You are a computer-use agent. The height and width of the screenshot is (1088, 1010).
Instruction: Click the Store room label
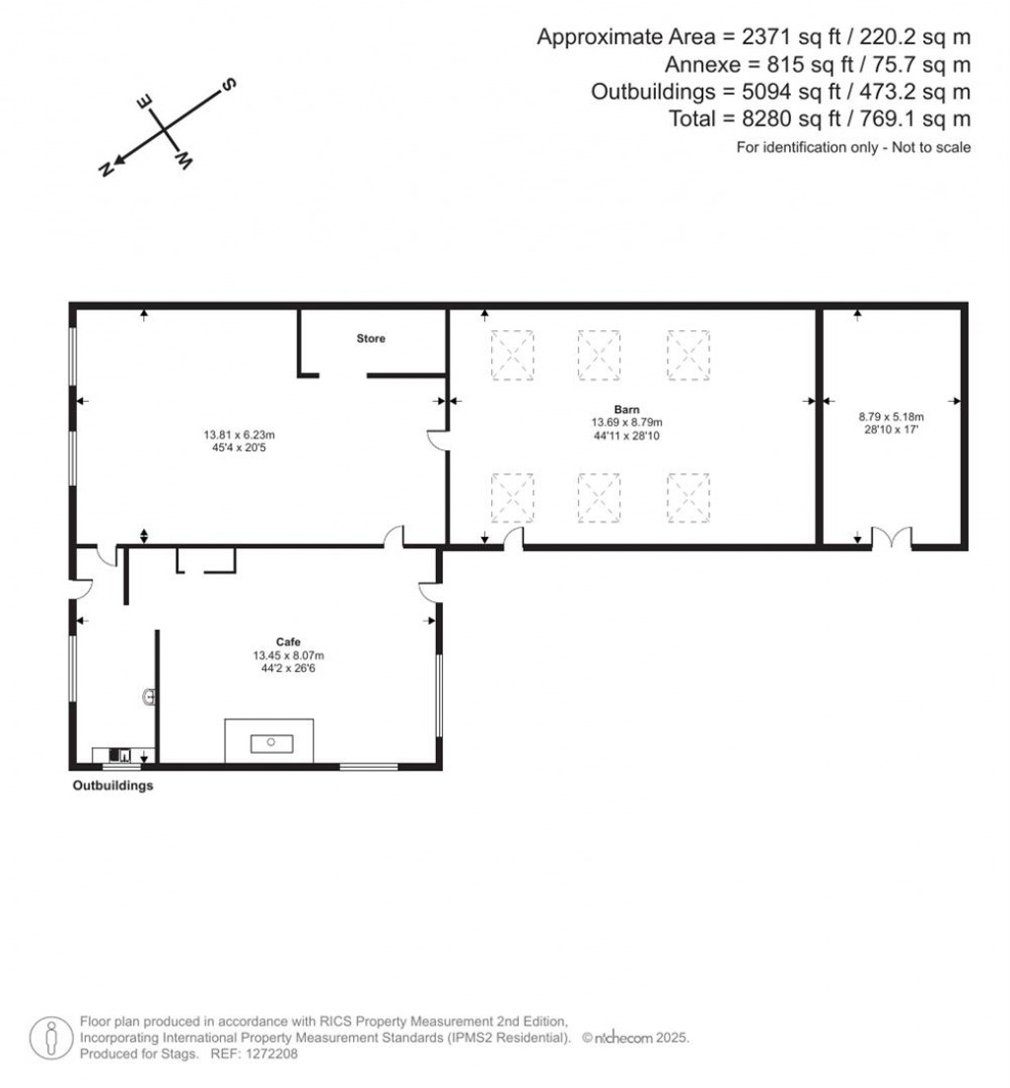pos(371,338)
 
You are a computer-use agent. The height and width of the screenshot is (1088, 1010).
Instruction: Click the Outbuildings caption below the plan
pos(112,786)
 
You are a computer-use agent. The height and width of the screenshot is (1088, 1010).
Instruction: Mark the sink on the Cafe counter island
pos(269,742)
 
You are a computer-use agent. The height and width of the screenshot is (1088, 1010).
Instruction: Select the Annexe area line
pos(818,65)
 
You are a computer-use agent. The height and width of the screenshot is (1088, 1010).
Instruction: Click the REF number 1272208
pos(270,1054)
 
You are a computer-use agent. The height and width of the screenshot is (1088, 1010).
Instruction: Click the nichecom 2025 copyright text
pos(634,1038)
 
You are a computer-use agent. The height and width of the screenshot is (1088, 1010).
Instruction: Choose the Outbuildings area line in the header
pos(780,92)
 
